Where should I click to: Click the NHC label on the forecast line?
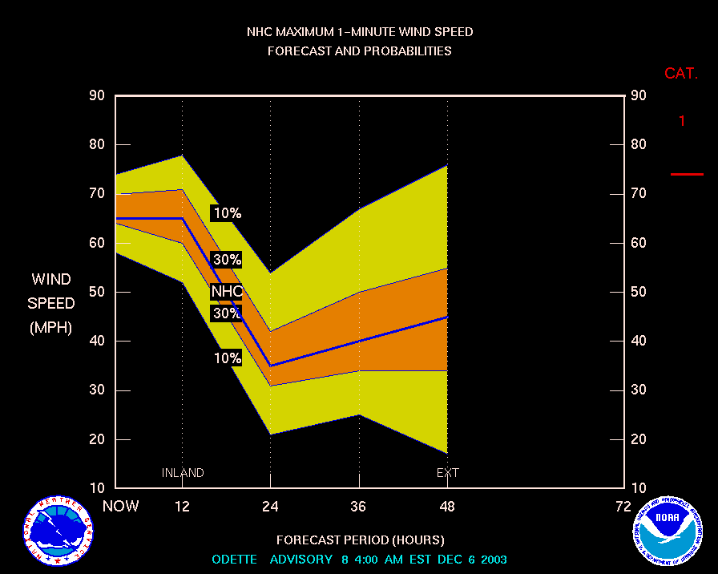[227, 291]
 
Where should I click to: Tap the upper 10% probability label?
[227, 213]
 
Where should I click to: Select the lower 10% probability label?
[227, 358]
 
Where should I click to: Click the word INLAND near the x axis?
[183, 473]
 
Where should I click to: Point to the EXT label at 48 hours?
[447, 473]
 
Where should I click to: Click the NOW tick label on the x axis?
[120, 506]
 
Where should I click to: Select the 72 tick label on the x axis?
[623, 506]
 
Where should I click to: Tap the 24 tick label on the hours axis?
[270, 506]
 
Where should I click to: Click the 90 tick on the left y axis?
[96, 96]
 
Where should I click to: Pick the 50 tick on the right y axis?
[639, 292]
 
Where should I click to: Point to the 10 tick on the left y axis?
[96, 488]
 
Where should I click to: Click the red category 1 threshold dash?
[687, 174]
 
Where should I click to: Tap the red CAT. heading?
[681, 74]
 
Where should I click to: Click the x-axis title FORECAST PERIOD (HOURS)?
[360, 540]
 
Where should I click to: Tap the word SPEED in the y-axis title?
[51, 304]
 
